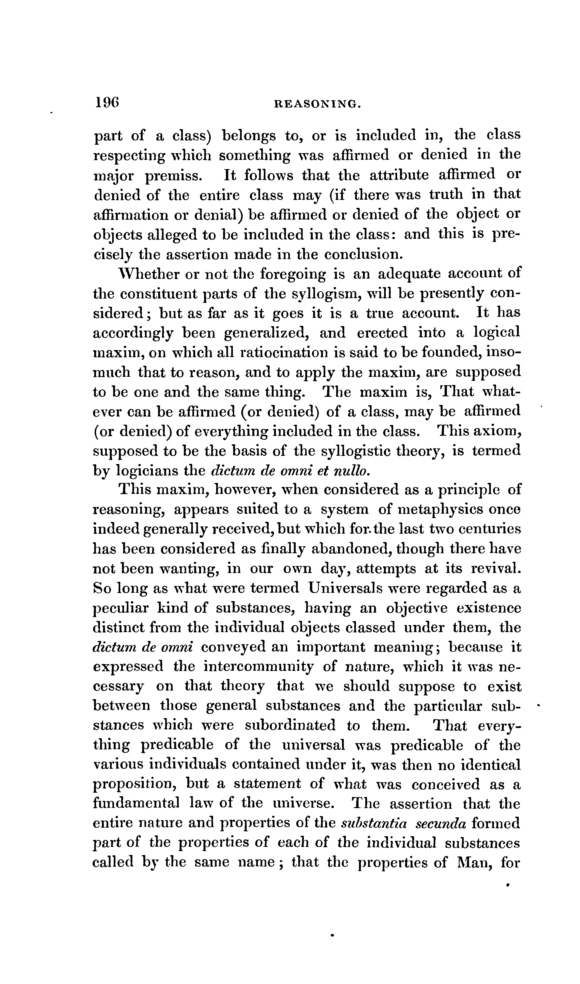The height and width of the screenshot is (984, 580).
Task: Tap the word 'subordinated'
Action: (x=290, y=726)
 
